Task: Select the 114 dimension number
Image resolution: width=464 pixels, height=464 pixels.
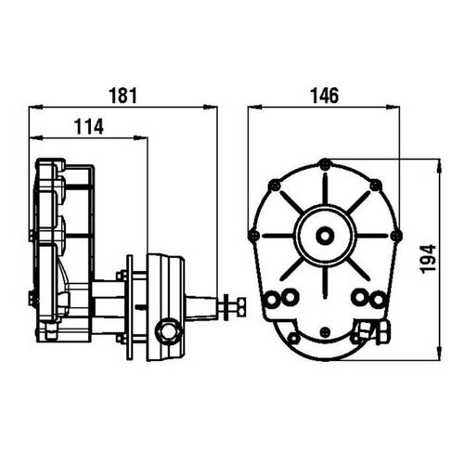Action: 89,125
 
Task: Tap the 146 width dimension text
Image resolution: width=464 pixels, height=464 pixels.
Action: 324,94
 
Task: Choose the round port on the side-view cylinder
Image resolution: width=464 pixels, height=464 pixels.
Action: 168,329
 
